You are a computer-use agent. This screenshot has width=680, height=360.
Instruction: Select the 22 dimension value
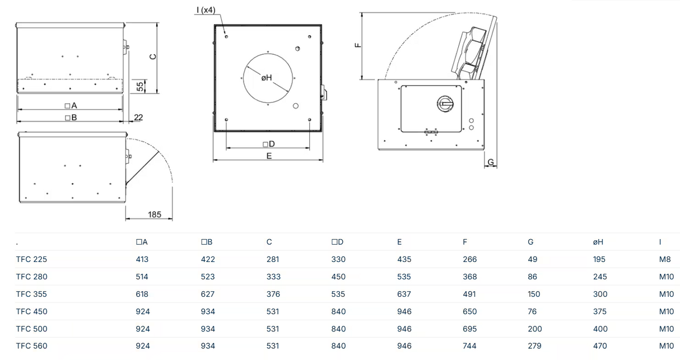tap(138, 117)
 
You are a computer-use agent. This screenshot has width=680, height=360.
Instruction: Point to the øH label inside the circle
tap(267, 77)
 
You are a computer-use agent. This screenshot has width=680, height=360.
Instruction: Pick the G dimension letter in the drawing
tap(491, 162)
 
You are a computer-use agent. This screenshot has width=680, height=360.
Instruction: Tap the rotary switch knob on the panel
tap(445, 102)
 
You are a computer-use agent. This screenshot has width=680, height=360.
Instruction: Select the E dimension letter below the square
tap(269, 156)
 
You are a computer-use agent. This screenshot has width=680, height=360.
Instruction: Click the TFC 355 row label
tap(32, 294)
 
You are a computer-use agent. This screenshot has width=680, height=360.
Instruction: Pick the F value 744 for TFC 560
tap(469, 346)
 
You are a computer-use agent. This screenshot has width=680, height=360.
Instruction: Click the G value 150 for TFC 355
tap(534, 294)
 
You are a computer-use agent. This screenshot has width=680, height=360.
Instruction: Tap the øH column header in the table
tap(599, 242)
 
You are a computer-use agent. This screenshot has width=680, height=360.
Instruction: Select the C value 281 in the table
tap(273, 259)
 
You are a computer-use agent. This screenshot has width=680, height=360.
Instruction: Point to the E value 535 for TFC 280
tap(404, 277)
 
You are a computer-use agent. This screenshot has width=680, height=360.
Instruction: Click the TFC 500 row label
tap(32, 329)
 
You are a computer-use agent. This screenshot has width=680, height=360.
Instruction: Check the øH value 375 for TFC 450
tap(599, 311)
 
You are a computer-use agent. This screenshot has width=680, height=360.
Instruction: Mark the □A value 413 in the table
tap(142, 259)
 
